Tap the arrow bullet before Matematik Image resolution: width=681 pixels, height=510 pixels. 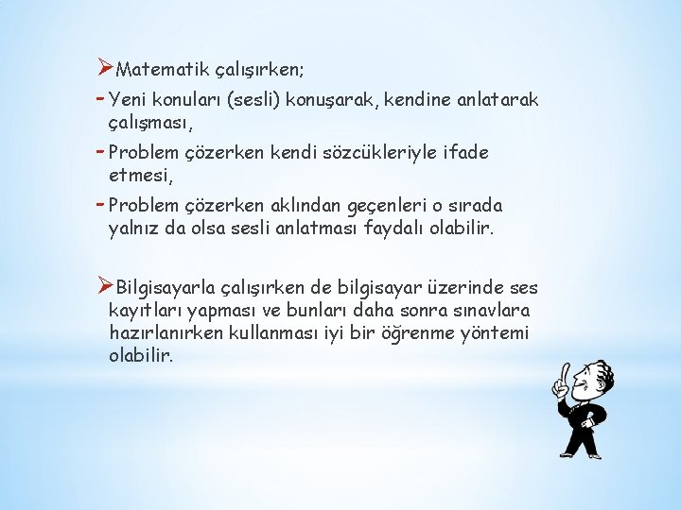(x=106, y=69)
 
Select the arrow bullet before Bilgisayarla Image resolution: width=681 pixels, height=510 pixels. (x=106, y=286)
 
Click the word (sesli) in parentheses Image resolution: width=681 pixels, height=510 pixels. (x=245, y=98)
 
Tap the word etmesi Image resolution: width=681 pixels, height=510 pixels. (x=140, y=175)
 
